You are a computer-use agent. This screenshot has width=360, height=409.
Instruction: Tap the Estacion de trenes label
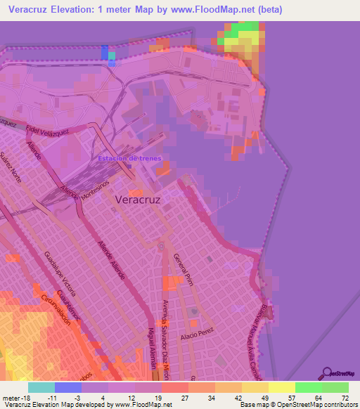click(129, 158)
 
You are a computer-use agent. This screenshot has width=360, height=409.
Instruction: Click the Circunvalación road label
click(56, 309)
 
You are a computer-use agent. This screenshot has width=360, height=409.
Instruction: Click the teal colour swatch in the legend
click(41, 387)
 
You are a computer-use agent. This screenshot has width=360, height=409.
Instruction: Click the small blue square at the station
click(130, 166)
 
